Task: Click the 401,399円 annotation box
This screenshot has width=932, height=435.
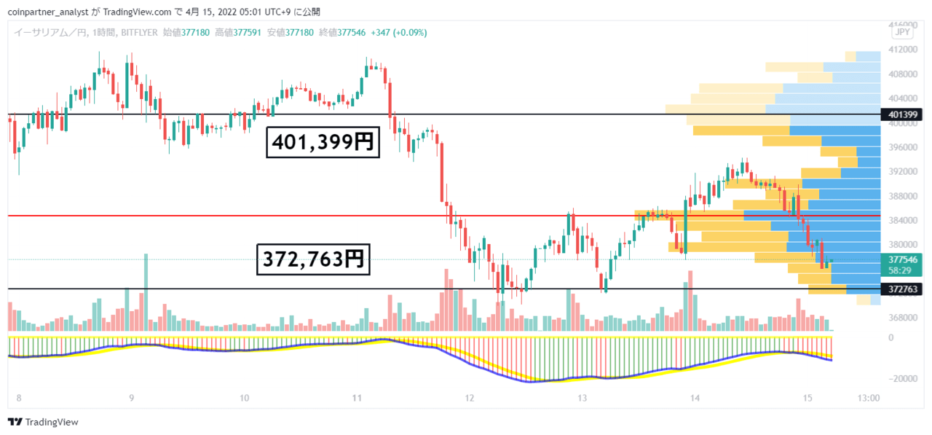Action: click(x=323, y=142)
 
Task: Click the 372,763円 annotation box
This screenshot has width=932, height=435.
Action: click(x=313, y=259)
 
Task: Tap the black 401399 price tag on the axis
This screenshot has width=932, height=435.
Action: click(x=902, y=114)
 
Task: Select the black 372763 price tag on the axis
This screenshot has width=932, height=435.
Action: click(x=902, y=289)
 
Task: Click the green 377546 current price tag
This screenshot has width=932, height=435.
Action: click(x=902, y=259)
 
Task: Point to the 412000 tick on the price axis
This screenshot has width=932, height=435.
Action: click(x=903, y=50)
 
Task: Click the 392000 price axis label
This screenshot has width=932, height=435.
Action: click(x=903, y=171)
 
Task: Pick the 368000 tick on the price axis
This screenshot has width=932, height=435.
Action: click(x=903, y=318)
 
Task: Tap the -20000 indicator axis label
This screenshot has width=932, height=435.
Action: click(x=902, y=379)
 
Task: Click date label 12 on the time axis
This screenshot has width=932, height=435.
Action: click(x=470, y=399)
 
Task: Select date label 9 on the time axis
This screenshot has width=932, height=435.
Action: click(x=132, y=399)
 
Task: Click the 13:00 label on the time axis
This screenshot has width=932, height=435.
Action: click(x=869, y=399)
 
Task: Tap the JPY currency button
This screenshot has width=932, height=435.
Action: click(x=902, y=32)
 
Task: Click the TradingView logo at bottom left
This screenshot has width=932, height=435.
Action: click(x=43, y=422)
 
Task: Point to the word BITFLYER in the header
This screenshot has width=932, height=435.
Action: click(x=139, y=33)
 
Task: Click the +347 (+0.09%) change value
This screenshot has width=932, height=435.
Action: click(x=399, y=33)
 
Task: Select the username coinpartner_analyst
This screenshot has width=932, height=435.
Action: click(x=48, y=12)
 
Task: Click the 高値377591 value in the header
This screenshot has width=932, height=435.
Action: click(x=238, y=33)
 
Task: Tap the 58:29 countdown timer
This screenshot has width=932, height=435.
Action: click(x=899, y=270)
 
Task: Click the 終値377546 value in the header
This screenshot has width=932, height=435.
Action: click(x=342, y=33)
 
